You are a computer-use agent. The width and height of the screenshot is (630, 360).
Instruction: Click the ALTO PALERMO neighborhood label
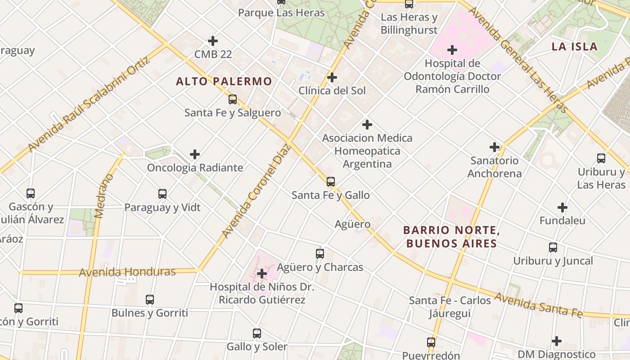pyautogui.click(x=224, y=81)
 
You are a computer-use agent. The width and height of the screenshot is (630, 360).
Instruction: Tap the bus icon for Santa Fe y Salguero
pyautogui.click(x=233, y=99)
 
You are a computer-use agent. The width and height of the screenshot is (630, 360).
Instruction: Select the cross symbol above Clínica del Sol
pyautogui.click(x=332, y=77)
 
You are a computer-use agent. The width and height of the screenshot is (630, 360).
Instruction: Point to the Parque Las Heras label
pyautogui.click(x=281, y=13)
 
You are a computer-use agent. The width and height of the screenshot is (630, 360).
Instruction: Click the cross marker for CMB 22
pyautogui.click(x=213, y=41)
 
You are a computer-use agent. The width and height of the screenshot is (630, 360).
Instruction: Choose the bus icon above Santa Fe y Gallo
pyautogui.click(x=331, y=182)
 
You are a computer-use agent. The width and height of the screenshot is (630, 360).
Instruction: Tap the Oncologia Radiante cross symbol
pyautogui.click(x=195, y=154)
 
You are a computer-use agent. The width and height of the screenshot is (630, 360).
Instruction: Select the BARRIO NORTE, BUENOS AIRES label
pyautogui.click(x=451, y=237)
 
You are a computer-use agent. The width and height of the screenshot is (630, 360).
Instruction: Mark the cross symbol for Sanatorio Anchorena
pyautogui.click(x=495, y=147)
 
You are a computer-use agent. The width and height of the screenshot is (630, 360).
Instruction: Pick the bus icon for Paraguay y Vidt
pyautogui.click(x=162, y=194)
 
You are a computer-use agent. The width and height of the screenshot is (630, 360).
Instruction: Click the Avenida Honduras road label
pyautogui.click(x=127, y=272)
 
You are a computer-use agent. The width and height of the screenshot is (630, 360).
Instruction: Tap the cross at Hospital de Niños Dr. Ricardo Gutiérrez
pyautogui.click(x=262, y=273)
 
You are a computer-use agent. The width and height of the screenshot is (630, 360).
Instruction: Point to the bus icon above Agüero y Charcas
pyautogui.click(x=320, y=254)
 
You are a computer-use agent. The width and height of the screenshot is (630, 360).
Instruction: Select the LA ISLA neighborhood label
pyautogui.click(x=575, y=46)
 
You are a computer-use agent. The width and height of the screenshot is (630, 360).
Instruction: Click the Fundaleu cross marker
pyautogui.click(x=562, y=207)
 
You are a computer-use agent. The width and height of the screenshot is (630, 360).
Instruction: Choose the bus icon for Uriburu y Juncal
pyautogui.click(x=553, y=247)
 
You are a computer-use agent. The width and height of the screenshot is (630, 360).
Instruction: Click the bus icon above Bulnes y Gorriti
pyautogui.click(x=150, y=300)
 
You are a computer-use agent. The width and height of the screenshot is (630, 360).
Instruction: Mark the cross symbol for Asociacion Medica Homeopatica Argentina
pyautogui.click(x=367, y=125)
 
